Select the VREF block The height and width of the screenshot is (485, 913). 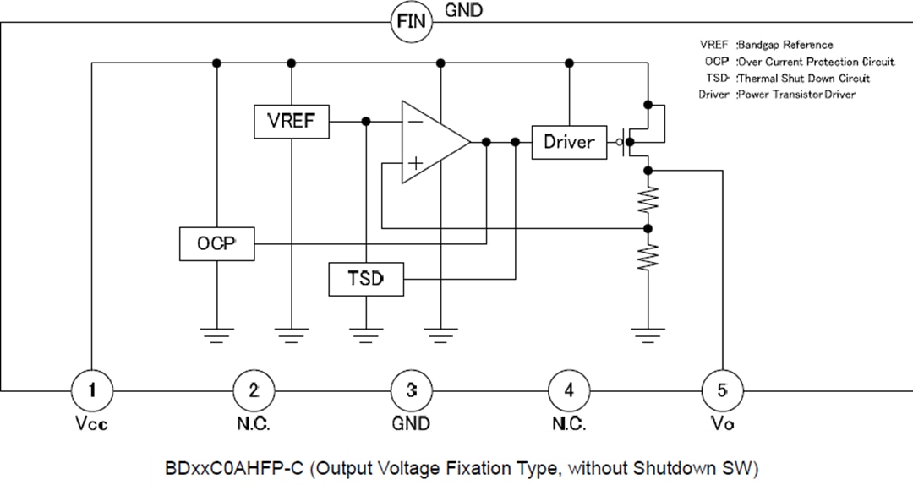(291, 121)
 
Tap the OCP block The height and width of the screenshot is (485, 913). (216, 243)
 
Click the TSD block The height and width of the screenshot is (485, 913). (365, 278)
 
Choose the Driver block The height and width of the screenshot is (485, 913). (569, 142)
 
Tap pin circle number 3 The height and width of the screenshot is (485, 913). (412, 390)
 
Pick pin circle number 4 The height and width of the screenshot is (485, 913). (569, 390)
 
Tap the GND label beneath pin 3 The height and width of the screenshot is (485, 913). (412, 424)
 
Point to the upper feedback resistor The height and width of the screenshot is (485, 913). (648, 199)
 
